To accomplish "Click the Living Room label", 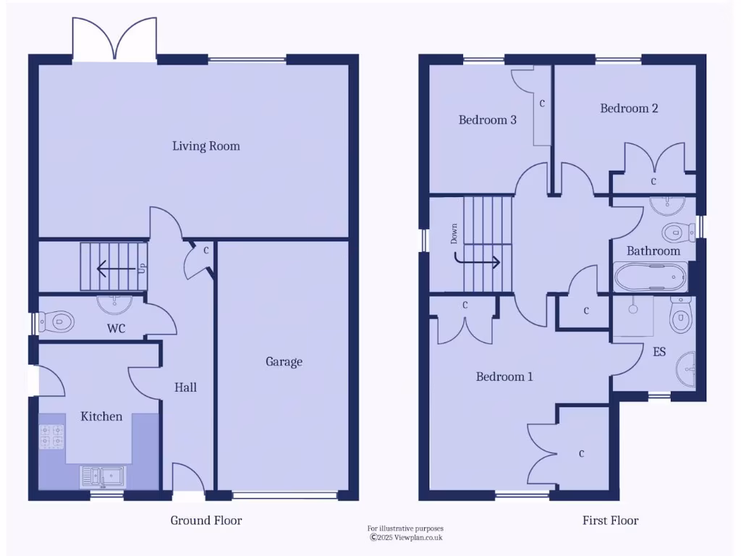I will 206,146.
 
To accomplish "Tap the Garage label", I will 284,362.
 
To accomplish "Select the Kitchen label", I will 101,416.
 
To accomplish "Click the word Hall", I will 185,387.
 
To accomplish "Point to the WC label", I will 117,329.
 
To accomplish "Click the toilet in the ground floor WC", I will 56,319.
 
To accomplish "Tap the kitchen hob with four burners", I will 51,437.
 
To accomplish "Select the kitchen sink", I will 103,476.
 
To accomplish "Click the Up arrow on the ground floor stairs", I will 116,269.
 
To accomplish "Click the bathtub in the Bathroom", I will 650,276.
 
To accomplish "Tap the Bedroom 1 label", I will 504,377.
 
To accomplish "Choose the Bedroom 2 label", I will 629,109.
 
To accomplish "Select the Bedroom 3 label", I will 487,120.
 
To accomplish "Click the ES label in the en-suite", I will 659,353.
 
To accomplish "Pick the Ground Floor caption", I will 206,521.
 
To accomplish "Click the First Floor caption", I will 611,521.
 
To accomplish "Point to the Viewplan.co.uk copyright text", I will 405,537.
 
